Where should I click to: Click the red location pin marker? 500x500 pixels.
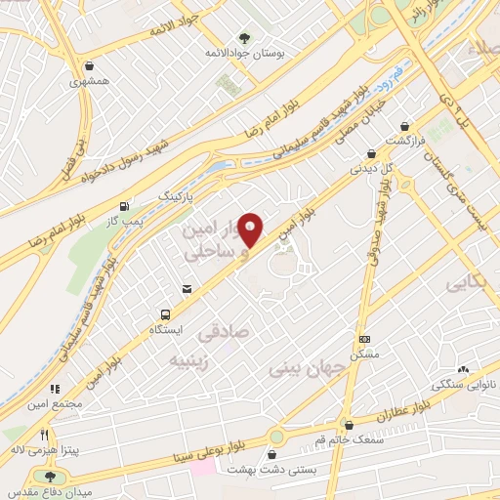pyautogui.click(x=251, y=229)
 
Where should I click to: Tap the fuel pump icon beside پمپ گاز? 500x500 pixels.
pyautogui.click(x=123, y=206)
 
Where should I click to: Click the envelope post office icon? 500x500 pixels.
pyautogui.click(x=186, y=288)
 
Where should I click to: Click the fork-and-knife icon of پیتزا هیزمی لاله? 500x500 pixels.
pyautogui.click(x=43, y=435)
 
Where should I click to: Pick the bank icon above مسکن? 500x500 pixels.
pyautogui.click(x=365, y=339)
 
